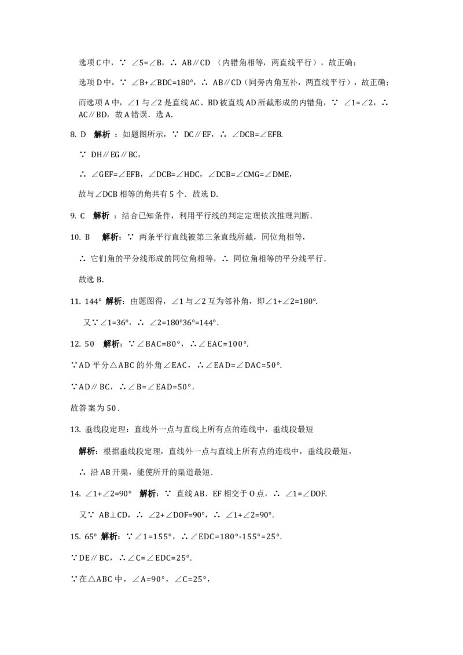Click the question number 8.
(73, 134)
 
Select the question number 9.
(73, 216)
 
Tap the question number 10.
(75, 237)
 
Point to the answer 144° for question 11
(93, 301)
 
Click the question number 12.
(75, 344)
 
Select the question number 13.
(75, 429)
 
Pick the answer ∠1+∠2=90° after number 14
(109, 494)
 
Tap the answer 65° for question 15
(91, 536)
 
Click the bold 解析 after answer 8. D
(102, 134)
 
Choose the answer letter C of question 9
(83, 216)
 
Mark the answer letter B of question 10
(87, 237)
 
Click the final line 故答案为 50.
(95, 408)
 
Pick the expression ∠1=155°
(153, 536)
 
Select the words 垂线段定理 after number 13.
(105, 429)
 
